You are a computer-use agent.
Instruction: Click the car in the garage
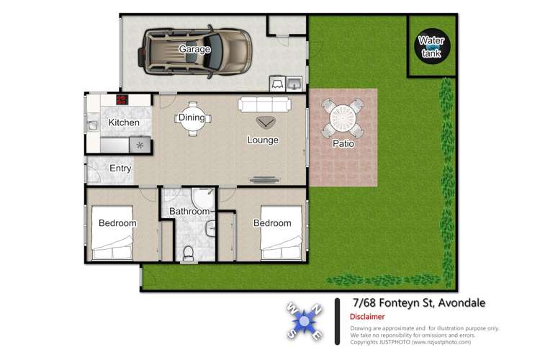coord(195,52)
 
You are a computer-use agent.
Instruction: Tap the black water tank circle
coord(432,46)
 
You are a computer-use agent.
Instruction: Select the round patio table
coord(342,119)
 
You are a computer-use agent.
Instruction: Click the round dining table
coord(193,119)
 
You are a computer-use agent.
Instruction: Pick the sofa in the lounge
coord(264,104)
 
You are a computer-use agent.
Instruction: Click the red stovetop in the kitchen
coord(122,100)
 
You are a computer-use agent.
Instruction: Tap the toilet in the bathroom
coord(189,253)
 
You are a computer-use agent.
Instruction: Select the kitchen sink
coord(92,125)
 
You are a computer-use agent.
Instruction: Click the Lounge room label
coord(263,140)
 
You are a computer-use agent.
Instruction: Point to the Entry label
coord(120,168)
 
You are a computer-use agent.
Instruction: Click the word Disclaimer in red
coord(367,317)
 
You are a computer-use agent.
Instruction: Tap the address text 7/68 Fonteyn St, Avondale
coord(419,303)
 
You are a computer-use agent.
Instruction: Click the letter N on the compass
coord(317,310)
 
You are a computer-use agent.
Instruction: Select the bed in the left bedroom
coord(112,232)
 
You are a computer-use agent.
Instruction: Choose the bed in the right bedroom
coord(282,232)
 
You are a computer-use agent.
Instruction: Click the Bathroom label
coord(189,211)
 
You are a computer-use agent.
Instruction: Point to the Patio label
coord(343,143)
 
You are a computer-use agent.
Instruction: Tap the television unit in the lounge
coord(264,179)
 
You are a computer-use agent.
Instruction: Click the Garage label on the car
coord(194,49)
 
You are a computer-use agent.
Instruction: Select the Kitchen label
coord(124,122)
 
